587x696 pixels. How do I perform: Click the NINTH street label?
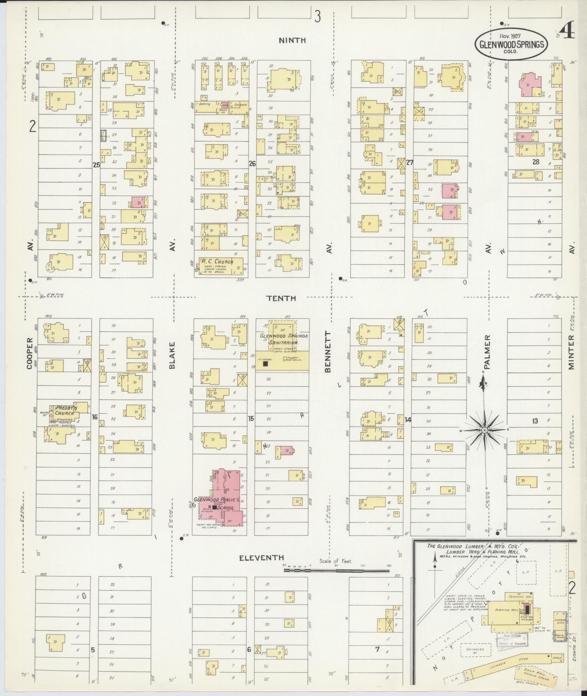coord(292,40)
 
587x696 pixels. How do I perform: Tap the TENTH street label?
coord(286,298)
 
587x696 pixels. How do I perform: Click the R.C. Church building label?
coord(221,262)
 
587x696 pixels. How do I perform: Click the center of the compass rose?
coord(484,430)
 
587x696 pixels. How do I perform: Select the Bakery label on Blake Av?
coord(205,104)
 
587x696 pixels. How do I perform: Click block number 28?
coord(535,162)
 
